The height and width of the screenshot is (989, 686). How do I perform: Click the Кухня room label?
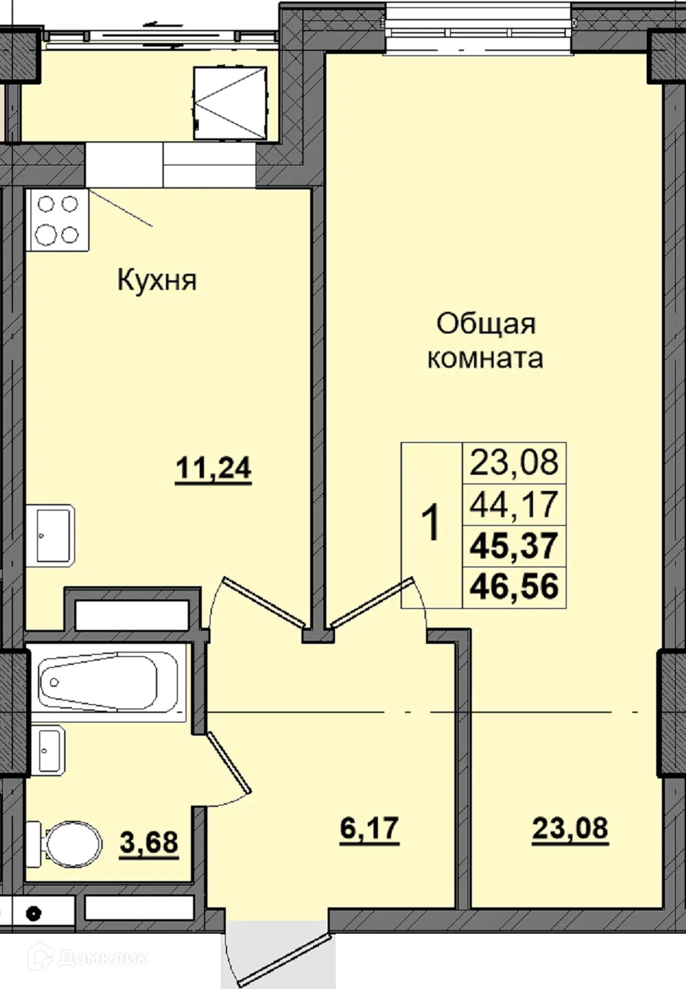(x=157, y=280)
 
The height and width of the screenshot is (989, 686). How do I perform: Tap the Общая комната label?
(x=485, y=341)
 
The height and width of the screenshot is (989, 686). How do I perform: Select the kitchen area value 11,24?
(x=213, y=469)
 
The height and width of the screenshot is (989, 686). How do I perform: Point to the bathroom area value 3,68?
(x=149, y=843)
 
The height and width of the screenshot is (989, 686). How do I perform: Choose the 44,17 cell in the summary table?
(x=514, y=504)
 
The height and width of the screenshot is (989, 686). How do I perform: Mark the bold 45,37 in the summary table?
(x=514, y=545)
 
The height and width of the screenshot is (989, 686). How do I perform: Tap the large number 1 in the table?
(x=432, y=524)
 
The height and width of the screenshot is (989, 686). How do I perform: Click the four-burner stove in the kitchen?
(x=58, y=220)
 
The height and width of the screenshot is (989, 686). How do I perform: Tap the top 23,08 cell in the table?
(x=514, y=462)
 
